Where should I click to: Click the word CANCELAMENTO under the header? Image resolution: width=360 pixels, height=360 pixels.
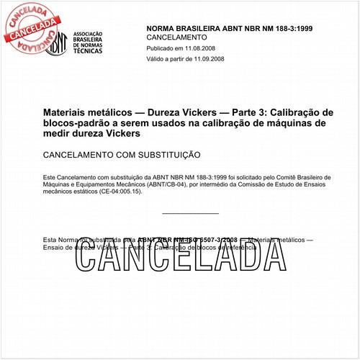(176, 37)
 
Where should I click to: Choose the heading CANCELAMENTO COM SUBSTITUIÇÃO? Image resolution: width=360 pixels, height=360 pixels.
(122, 155)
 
